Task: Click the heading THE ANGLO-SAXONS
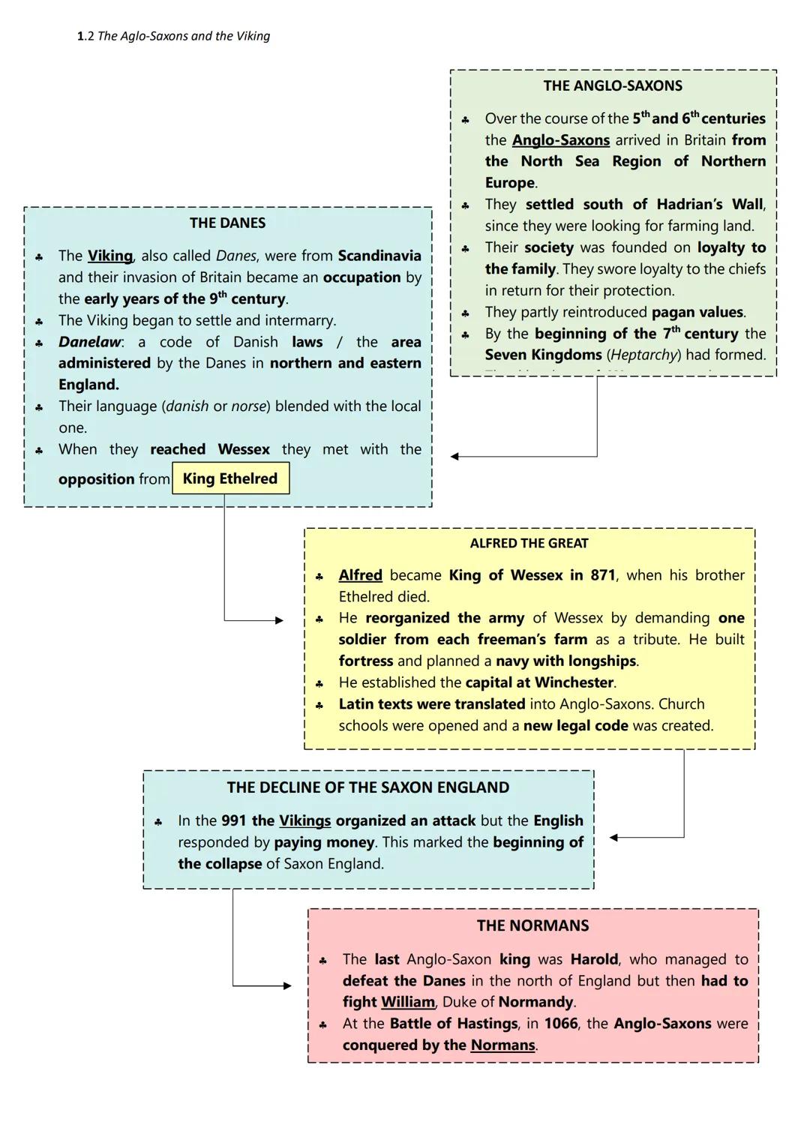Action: click(x=613, y=86)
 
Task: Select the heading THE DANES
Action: click(x=227, y=223)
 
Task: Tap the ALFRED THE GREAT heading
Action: click(x=529, y=544)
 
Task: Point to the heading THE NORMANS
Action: click(x=532, y=926)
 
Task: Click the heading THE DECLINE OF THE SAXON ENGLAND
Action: click(x=367, y=788)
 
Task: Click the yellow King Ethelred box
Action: click(x=230, y=479)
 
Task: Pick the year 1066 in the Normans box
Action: click(x=561, y=1024)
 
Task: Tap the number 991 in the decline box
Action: click(x=234, y=821)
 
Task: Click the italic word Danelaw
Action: click(x=89, y=343)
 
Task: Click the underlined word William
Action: click(x=408, y=1003)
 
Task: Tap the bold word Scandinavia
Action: click(x=379, y=256)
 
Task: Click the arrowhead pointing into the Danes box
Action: click(x=455, y=456)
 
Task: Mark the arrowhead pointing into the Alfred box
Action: click(x=279, y=620)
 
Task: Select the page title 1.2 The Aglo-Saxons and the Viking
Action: click(x=173, y=36)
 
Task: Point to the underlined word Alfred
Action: click(x=360, y=576)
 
